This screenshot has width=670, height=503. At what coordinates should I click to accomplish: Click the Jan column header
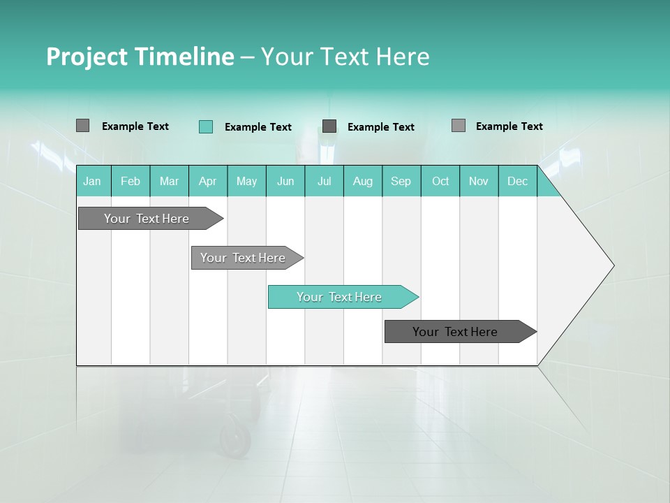tap(92, 181)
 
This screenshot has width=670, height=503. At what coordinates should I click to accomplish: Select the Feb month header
tap(131, 181)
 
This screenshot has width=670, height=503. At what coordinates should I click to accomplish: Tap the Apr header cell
tap(207, 181)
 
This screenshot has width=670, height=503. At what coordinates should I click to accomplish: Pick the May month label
tap(246, 181)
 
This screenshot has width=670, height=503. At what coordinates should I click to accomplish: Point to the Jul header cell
tap(324, 181)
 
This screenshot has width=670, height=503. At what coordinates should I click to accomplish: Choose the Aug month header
tap(363, 181)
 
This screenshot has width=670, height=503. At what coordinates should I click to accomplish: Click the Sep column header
tap(401, 181)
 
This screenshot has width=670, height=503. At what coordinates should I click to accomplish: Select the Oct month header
tap(440, 181)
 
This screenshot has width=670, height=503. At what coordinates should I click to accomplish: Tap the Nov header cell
tap(479, 181)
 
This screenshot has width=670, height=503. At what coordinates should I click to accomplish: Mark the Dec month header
tap(517, 181)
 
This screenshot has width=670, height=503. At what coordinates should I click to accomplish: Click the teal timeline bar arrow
tap(342, 297)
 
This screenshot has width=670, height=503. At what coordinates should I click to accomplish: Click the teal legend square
tap(206, 126)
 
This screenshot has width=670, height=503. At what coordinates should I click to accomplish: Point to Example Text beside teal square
tap(258, 127)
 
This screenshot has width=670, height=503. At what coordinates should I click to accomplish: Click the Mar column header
tap(169, 181)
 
